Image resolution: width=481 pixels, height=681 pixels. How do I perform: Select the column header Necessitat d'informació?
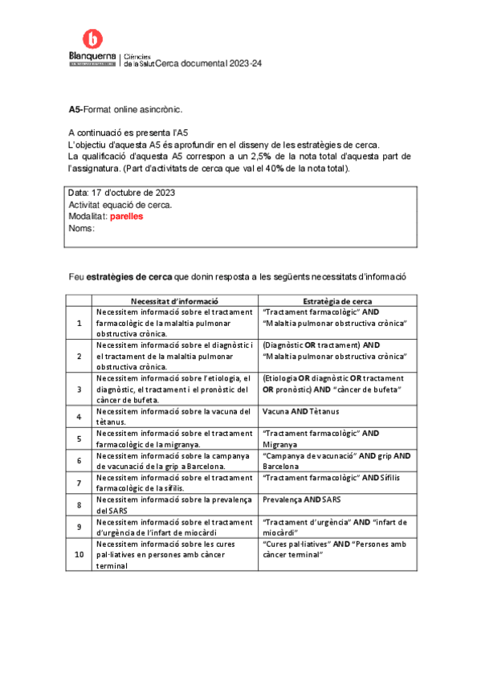175,300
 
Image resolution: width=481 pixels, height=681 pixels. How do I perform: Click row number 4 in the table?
79,417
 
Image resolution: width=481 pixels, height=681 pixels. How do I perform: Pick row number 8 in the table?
79,505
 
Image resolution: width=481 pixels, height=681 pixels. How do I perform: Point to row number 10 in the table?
79,554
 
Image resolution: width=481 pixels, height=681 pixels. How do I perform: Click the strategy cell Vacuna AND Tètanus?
301,412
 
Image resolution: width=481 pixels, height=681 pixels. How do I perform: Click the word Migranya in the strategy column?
280,444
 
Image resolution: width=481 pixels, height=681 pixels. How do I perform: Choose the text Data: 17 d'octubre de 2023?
122,194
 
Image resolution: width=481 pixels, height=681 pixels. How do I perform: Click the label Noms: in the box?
82,228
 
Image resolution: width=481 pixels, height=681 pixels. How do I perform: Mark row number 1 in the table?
79,323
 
